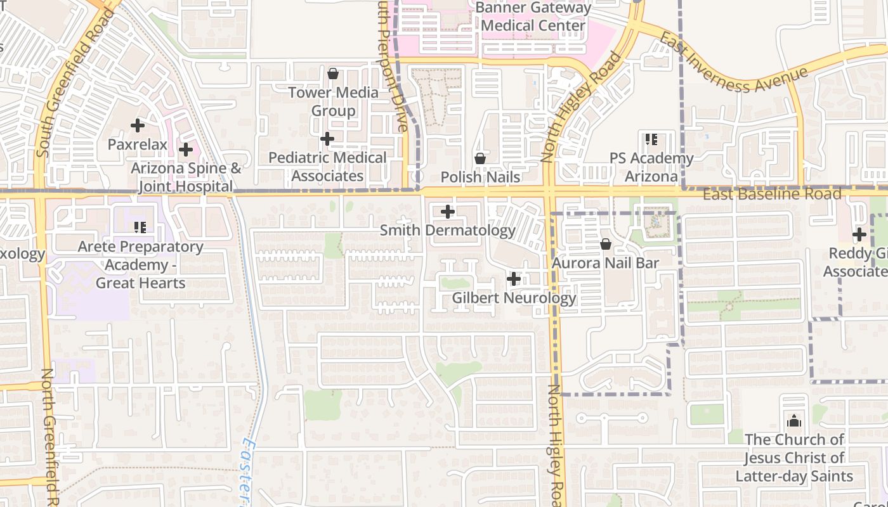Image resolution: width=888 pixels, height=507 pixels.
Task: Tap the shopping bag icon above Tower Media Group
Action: point(333,74)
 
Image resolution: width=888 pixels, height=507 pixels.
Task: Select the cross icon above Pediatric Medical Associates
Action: point(327,139)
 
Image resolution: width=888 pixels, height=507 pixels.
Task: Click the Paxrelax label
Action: point(138,144)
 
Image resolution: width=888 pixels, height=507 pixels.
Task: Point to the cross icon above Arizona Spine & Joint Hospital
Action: point(186,150)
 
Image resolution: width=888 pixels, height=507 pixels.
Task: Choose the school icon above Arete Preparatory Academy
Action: point(140,228)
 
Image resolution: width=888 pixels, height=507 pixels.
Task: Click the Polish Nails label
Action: point(480,177)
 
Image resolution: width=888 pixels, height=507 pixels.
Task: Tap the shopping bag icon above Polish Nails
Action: point(480,158)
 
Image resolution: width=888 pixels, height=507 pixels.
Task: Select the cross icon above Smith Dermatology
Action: point(448,212)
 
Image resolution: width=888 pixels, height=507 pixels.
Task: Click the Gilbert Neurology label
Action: point(514,297)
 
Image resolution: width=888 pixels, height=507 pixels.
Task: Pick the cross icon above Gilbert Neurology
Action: point(514,279)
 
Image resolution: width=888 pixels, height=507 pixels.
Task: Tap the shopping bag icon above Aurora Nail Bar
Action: point(606,244)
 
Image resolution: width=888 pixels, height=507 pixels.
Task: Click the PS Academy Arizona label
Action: point(651,167)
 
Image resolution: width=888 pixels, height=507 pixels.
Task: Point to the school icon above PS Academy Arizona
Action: point(651,139)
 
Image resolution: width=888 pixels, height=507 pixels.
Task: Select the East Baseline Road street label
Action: point(772,194)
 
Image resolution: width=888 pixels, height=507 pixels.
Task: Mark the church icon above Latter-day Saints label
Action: point(794,421)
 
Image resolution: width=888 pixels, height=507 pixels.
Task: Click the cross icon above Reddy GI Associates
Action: point(859,234)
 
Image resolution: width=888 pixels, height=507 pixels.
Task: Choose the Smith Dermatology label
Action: point(448,230)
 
